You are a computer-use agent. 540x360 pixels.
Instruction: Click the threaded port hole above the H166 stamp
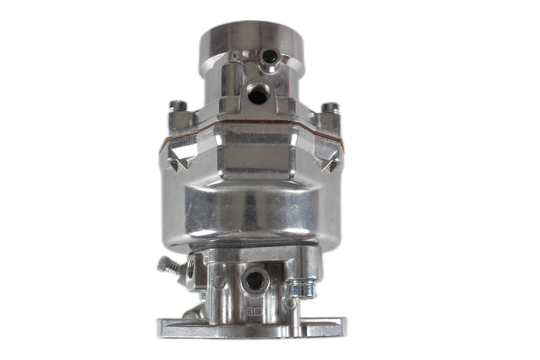pyautogui.click(x=255, y=280)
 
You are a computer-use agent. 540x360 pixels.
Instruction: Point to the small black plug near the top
pyautogui.click(x=269, y=56)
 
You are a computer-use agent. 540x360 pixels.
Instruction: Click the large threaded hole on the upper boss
pyautogui.click(x=258, y=93)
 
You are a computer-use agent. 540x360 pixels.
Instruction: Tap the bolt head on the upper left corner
pyautogui.click(x=178, y=106)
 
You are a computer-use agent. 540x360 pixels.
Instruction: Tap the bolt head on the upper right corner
pyautogui.click(x=330, y=107)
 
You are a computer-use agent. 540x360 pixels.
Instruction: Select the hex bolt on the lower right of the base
pyautogui.click(x=302, y=289)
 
